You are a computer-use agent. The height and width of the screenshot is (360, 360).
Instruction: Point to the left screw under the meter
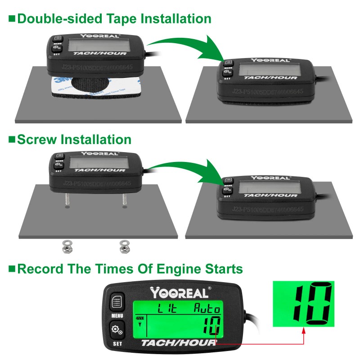pos(66,198)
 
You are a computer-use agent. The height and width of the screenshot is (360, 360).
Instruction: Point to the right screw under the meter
pos(124,198)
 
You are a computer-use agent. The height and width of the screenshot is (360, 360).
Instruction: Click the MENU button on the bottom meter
pos(117,301)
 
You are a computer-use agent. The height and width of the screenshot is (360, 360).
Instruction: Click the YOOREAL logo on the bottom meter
pos(180,293)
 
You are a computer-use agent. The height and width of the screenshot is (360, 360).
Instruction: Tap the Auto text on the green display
pos(207,309)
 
